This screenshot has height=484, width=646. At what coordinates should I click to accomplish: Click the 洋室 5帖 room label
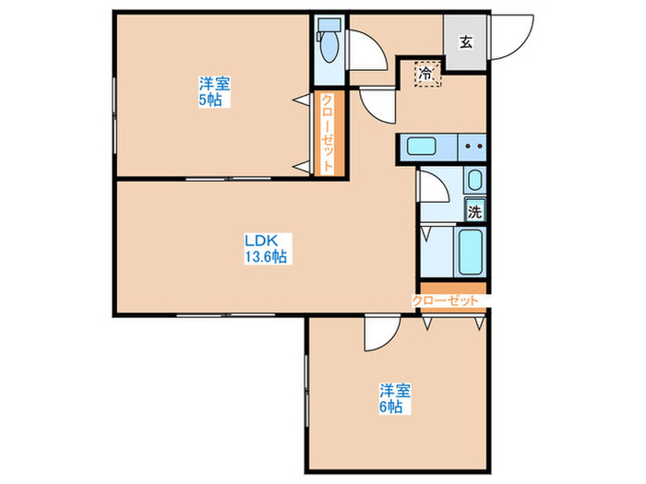[214, 92]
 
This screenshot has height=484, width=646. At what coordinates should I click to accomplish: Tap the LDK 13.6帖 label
[268, 249]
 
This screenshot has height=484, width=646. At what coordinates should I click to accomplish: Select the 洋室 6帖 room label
[395, 398]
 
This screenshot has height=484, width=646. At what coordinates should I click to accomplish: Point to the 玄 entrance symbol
[465, 42]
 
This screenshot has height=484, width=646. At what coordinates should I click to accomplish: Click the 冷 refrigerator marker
[427, 74]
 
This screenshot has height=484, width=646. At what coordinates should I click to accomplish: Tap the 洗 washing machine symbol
[474, 211]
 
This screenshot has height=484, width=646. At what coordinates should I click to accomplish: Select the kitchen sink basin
[421, 147]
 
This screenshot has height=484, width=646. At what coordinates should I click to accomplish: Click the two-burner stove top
[473, 147]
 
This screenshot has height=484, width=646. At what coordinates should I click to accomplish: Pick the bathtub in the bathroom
[470, 252]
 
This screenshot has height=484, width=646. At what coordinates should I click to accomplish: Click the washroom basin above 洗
[474, 180]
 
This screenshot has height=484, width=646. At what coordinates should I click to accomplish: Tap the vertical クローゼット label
[328, 133]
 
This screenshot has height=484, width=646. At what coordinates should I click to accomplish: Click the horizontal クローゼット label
[446, 301]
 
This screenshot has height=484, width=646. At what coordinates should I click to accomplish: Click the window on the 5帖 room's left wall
[114, 118]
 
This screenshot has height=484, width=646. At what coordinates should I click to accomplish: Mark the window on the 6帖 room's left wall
[306, 392]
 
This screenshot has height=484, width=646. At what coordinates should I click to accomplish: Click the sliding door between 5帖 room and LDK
[228, 179]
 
